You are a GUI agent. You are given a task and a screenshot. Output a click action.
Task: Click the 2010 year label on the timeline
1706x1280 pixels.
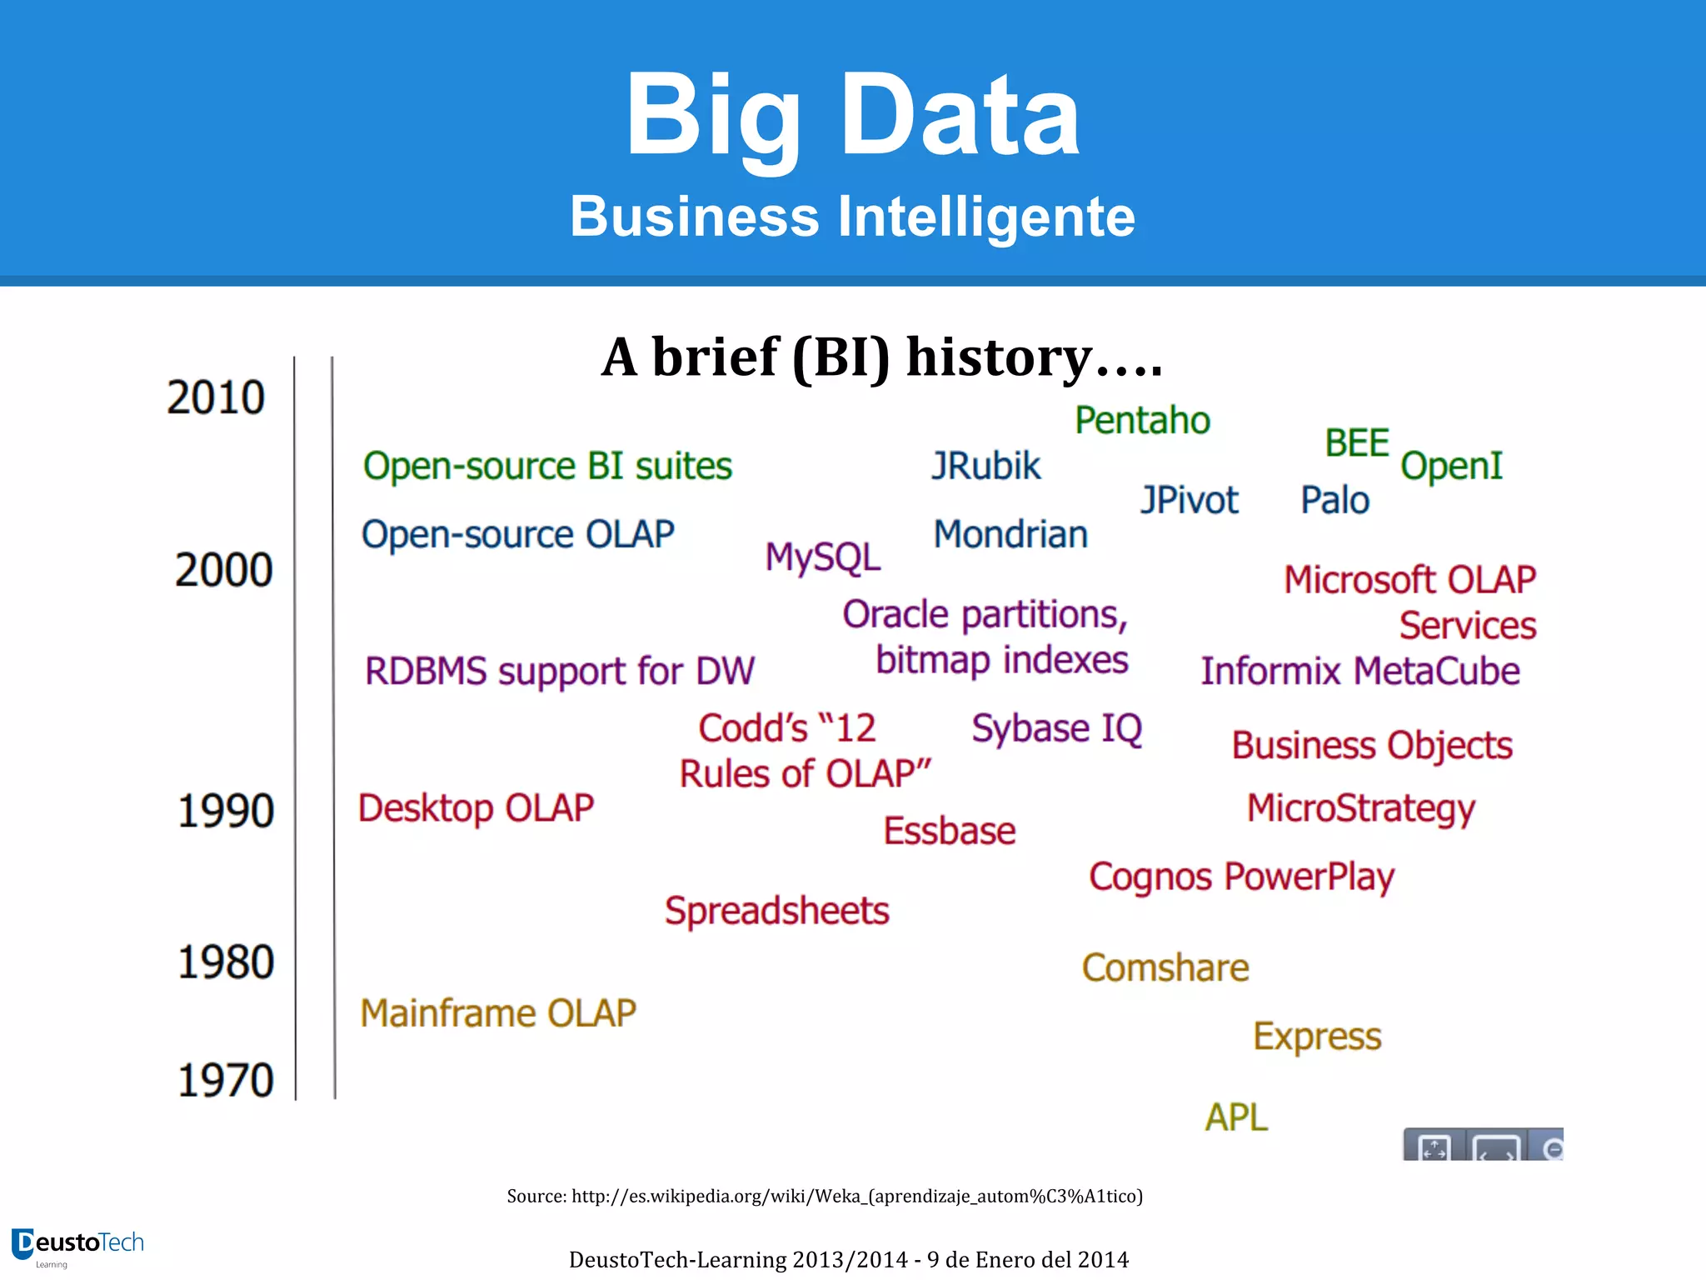pyautogui.click(x=216, y=397)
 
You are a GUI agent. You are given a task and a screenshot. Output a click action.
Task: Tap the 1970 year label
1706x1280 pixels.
pyautogui.click(x=225, y=1081)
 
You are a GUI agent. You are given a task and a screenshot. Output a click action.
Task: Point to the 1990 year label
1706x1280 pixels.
pyautogui.click(x=225, y=811)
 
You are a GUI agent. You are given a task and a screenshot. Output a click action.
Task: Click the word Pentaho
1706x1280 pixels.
pyautogui.click(x=1142, y=421)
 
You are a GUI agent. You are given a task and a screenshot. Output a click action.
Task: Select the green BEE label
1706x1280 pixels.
pyautogui.click(x=1357, y=443)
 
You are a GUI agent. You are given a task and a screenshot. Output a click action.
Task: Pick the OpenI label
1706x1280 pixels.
pyautogui.click(x=1451, y=467)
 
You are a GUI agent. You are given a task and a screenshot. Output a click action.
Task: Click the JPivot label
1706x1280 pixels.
pyautogui.click(x=1189, y=501)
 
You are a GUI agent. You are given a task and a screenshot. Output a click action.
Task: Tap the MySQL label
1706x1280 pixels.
pyautogui.click(x=822, y=557)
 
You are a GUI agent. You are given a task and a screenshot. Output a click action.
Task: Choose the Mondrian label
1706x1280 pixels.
pyautogui.click(x=1010, y=535)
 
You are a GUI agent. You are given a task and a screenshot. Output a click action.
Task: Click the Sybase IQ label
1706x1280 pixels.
pyautogui.click(x=1056, y=729)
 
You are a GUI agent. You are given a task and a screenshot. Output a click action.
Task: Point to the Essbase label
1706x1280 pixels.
pyautogui.click(x=950, y=832)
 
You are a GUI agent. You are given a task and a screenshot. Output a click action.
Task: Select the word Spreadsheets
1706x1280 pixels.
pyautogui.click(x=776, y=911)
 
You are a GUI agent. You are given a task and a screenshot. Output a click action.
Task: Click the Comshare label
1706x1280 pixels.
pyautogui.click(x=1165, y=968)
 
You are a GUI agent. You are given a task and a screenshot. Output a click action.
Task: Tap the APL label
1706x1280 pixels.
pyautogui.click(x=1236, y=1117)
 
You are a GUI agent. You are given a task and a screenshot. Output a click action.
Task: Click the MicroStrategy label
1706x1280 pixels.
pyautogui.click(x=1360, y=809)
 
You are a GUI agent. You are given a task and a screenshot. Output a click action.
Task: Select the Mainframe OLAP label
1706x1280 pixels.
pyautogui.click(x=498, y=1014)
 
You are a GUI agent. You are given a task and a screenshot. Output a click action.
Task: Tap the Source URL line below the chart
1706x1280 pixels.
pyautogui.click(x=825, y=1197)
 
